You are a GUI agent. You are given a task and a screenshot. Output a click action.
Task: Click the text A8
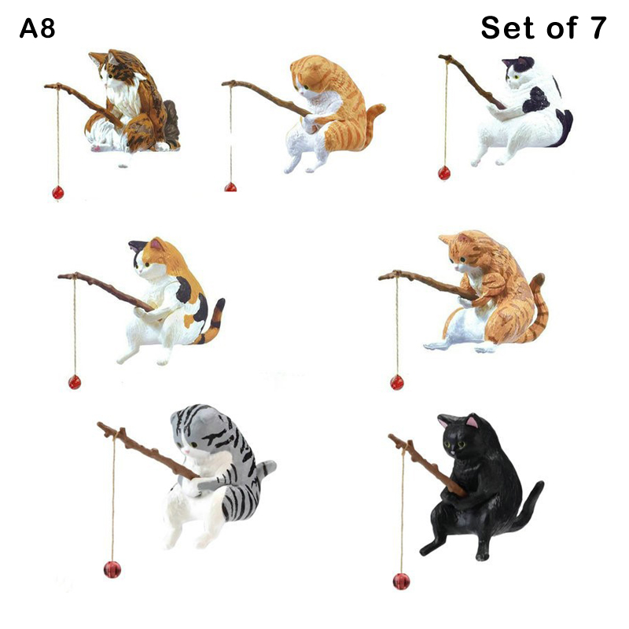tap(37, 29)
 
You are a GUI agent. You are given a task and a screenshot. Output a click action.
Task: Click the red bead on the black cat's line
tap(401, 581)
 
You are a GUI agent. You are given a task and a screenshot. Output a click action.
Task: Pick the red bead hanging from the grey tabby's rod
tap(112, 569)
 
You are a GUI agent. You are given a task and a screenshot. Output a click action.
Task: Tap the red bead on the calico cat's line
tap(75, 382)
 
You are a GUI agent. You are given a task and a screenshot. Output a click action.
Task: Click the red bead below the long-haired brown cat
tap(57, 193)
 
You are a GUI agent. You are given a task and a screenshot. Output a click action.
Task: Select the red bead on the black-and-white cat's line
tap(444, 173)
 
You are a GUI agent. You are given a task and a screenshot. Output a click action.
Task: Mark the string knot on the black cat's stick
tap(408, 445)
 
